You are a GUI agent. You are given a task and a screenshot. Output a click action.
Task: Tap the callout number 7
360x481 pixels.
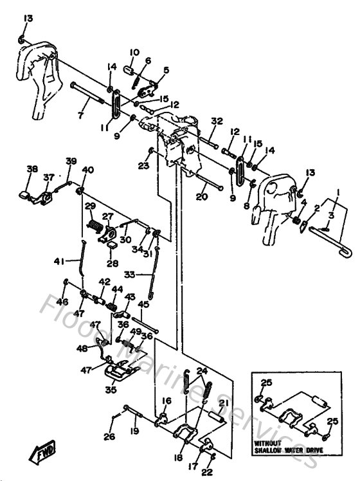click(80, 115)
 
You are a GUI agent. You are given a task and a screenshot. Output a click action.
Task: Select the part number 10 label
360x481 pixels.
click(134, 52)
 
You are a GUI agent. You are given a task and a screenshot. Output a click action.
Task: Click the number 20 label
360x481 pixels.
click(201, 197)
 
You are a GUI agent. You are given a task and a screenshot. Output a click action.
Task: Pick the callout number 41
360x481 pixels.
click(59, 261)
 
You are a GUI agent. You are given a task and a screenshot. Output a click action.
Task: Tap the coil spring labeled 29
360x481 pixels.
click(95, 227)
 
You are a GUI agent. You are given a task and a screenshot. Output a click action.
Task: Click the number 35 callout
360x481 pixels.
click(111, 389)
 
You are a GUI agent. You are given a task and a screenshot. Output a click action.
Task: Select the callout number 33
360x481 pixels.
click(130, 275)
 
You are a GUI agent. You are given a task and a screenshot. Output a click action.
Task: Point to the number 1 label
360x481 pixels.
click(335, 190)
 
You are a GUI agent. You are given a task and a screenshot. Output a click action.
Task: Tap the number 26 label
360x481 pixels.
click(109, 437)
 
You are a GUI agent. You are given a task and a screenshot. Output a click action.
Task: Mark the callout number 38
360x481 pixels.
click(32, 169)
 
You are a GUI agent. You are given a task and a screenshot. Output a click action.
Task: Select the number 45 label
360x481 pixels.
click(143, 304)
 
